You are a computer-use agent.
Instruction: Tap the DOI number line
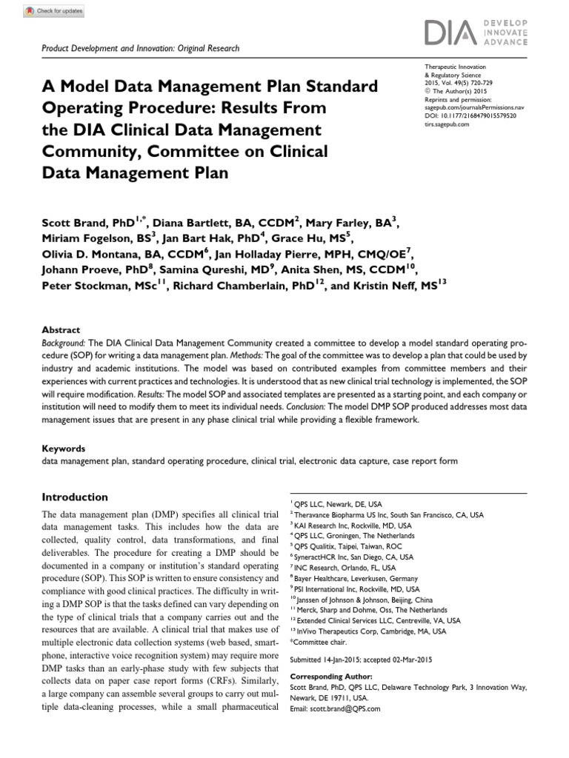tap(470, 116)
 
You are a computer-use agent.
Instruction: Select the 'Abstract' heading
tap(61, 330)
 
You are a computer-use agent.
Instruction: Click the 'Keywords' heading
tap(64, 449)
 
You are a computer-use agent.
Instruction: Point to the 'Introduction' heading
tap(75, 497)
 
